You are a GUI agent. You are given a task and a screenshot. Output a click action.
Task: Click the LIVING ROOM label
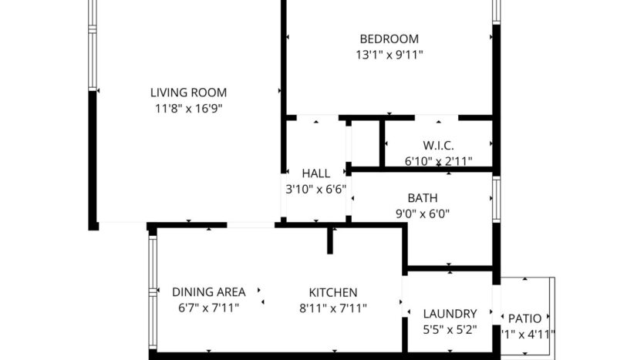(188, 93)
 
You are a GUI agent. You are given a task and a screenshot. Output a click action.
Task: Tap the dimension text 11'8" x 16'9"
(188, 109)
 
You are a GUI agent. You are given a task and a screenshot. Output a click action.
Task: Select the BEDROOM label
(389, 39)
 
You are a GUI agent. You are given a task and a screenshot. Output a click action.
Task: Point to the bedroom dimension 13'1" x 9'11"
(389, 55)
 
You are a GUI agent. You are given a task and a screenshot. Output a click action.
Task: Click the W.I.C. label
(438, 146)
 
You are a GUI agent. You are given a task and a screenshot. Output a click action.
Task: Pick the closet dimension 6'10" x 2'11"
(438, 161)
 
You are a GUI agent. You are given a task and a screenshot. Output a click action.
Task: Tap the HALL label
(316, 173)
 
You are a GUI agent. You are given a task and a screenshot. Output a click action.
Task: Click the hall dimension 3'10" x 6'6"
(316, 188)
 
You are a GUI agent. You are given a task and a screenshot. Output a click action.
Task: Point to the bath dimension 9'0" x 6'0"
(423, 214)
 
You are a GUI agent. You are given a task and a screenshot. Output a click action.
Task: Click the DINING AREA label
(208, 291)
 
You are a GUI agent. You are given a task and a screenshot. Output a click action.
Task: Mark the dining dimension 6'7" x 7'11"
(208, 308)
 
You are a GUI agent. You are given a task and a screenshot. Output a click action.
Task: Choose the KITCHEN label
(332, 292)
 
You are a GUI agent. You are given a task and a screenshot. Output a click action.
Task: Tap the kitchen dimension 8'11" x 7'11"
(332, 308)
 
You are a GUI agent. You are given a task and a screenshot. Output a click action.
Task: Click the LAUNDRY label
(450, 314)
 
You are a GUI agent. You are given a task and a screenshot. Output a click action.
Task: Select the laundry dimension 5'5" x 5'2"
(450, 329)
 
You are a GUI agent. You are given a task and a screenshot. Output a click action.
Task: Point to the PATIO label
(530, 318)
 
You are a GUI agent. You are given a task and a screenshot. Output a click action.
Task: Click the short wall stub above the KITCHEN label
(329, 240)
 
